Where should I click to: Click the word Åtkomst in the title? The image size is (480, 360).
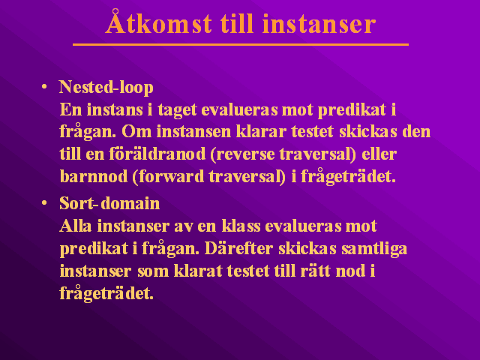pyautogui.click(x=158, y=22)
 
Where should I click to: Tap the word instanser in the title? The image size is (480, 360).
pyautogui.click(x=319, y=23)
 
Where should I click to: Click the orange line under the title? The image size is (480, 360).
pyautogui.click(x=241, y=45)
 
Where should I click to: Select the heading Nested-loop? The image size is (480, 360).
pyautogui.click(x=106, y=87)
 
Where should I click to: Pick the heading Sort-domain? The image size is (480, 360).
pyautogui.click(x=109, y=203)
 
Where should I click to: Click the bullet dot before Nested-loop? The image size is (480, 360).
pyautogui.click(x=44, y=87)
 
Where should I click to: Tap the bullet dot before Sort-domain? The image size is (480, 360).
pyautogui.click(x=44, y=203)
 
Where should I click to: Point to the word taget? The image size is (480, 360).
pyautogui.click(x=177, y=110)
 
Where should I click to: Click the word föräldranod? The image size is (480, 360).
pyautogui.click(x=157, y=154)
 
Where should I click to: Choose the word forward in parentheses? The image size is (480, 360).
pyautogui.click(x=168, y=177)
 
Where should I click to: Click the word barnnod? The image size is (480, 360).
pyautogui.click(x=94, y=177)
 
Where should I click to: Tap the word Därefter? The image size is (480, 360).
pyautogui.click(x=238, y=248)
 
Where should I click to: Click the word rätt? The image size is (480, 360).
pyautogui.click(x=315, y=271)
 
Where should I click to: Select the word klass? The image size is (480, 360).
pyautogui.click(x=241, y=226)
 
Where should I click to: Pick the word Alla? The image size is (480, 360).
pyautogui.click(x=76, y=226)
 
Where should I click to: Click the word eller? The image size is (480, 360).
pyautogui.click(x=379, y=154)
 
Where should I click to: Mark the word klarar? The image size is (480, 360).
pyautogui.click(x=261, y=132)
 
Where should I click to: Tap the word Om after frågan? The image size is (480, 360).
pyautogui.click(x=136, y=132)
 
